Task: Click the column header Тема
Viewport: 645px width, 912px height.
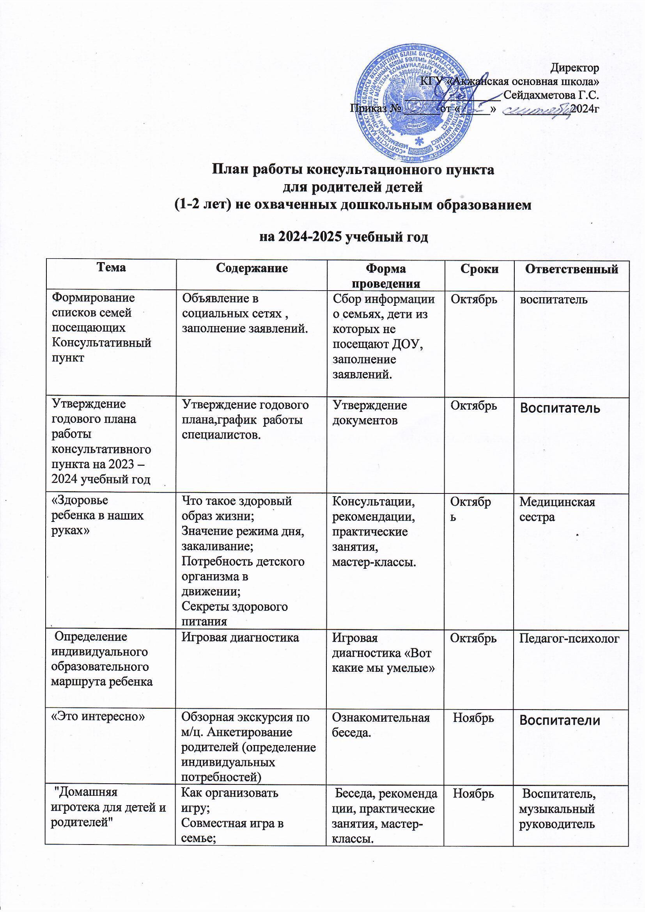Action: (111, 267)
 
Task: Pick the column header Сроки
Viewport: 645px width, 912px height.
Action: (478, 269)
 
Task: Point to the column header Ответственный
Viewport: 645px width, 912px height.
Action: (572, 269)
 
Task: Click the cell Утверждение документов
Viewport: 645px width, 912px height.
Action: (369, 413)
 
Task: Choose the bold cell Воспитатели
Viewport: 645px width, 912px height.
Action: (560, 720)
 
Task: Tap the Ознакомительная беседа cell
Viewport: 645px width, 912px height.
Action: (381, 725)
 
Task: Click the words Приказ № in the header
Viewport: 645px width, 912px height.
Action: (374, 108)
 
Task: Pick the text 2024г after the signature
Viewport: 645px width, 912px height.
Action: (584, 108)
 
